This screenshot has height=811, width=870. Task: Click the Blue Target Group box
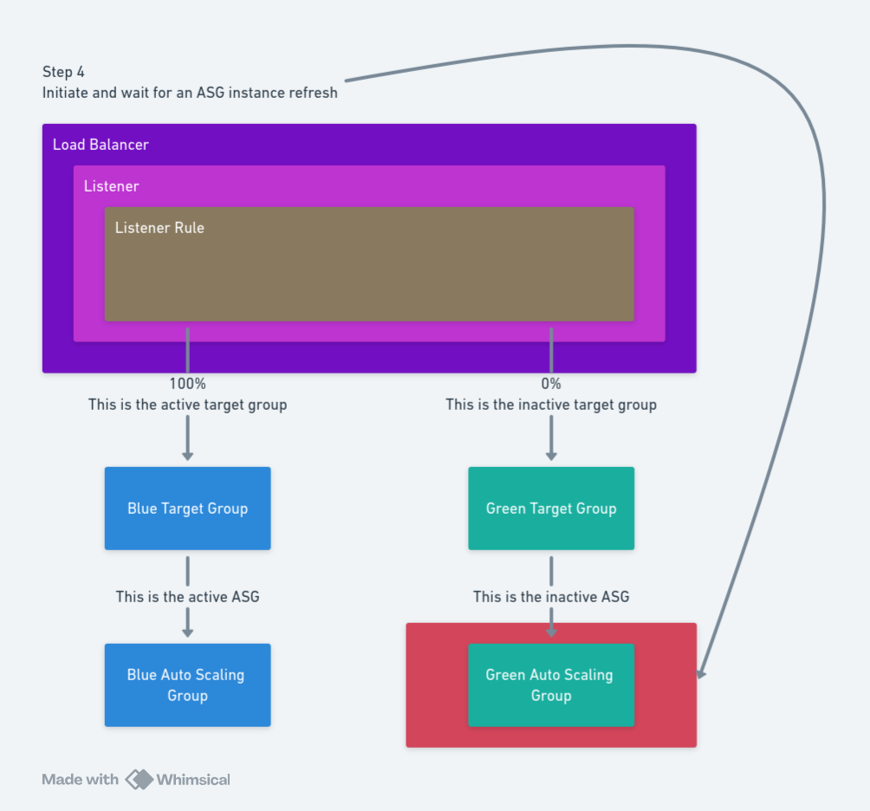(x=187, y=509)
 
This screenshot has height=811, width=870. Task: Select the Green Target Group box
(x=551, y=509)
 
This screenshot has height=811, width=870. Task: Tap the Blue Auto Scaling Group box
(x=187, y=684)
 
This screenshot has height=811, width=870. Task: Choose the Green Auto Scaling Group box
(x=551, y=684)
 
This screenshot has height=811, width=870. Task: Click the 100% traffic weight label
(x=187, y=384)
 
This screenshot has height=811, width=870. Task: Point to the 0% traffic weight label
(x=551, y=384)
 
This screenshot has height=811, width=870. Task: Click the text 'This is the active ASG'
(x=187, y=597)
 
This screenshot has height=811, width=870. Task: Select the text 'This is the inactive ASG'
(x=551, y=597)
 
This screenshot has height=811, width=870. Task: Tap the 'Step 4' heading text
(x=63, y=72)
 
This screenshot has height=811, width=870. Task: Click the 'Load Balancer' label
(x=101, y=145)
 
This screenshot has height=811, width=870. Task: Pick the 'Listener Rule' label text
(x=159, y=228)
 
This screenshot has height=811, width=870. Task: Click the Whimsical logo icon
(x=139, y=779)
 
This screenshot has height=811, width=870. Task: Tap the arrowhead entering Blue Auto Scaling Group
(x=187, y=632)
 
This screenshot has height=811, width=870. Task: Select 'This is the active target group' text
(x=187, y=405)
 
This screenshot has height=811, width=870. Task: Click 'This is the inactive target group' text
(x=551, y=405)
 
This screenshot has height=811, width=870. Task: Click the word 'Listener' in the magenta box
(x=111, y=186)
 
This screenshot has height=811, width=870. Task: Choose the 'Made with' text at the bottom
(x=80, y=780)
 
